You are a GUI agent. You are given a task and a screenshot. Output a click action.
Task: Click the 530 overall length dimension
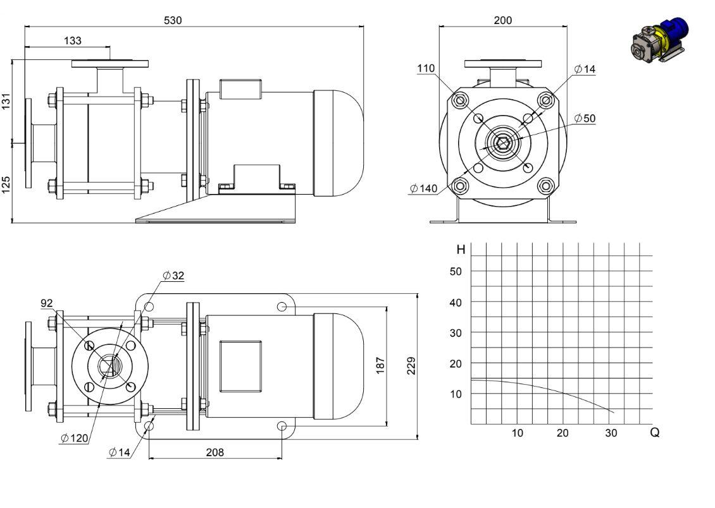click(x=173, y=20)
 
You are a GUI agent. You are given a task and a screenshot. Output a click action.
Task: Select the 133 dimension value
click(x=73, y=40)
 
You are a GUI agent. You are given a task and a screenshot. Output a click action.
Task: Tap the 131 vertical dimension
click(x=6, y=101)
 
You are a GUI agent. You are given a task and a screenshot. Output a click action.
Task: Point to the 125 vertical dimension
click(x=6, y=185)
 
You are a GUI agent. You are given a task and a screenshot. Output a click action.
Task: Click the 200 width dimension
click(x=503, y=20)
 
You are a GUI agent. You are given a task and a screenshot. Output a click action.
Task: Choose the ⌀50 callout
click(x=585, y=118)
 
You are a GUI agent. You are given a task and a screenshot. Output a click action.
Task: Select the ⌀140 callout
click(x=423, y=188)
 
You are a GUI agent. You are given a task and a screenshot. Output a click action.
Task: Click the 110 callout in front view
click(x=426, y=68)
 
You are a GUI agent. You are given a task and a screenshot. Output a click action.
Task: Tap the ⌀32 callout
click(x=173, y=275)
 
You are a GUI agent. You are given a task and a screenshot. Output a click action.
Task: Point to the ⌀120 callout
click(x=74, y=438)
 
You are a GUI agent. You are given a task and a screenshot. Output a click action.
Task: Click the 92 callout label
click(x=47, y=303)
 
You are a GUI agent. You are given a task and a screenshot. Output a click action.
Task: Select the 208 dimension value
click(x=214, y=452)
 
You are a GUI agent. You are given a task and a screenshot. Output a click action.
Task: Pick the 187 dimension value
click(x=380, y=366)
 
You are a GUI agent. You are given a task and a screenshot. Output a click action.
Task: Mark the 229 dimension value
click(x=411, y=366)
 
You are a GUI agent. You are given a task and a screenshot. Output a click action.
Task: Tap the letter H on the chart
click(x=461, y=250)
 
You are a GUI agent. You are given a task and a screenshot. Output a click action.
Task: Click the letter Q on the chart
click(x=654, y=432)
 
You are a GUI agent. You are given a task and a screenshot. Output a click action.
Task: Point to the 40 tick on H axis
click(x=456, y=302)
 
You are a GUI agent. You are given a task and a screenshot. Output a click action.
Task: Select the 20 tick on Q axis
click(x=563, y=433)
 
